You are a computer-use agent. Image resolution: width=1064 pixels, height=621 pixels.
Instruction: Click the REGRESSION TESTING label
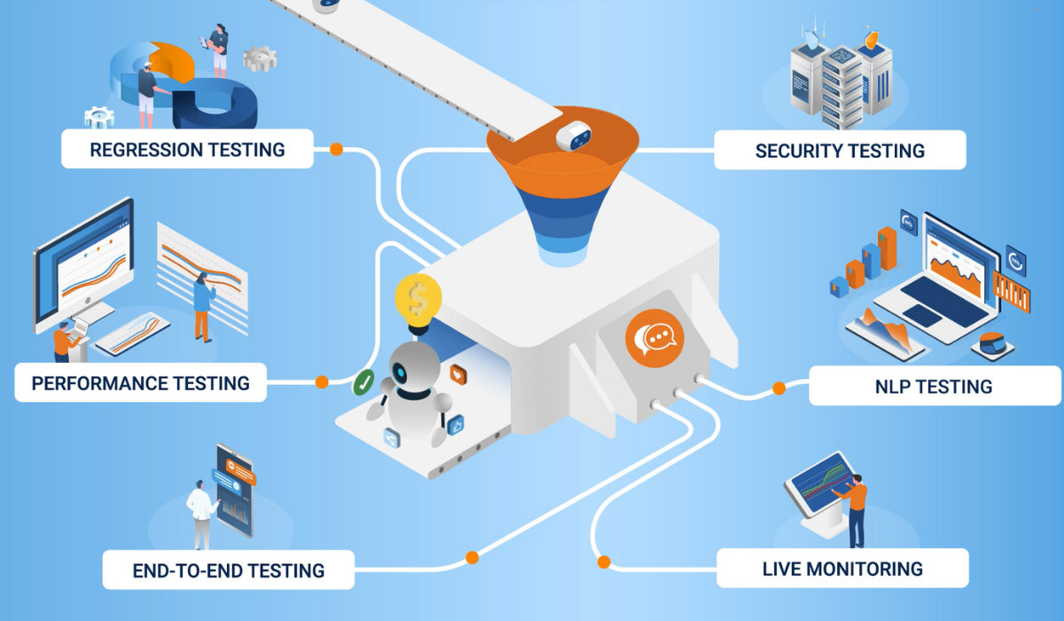[x=187, y=149]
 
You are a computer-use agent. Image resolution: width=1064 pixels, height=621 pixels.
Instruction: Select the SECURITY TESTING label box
[x=840, y=151]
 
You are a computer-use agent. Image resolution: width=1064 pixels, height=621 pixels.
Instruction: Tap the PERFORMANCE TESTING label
[x=140, y=383]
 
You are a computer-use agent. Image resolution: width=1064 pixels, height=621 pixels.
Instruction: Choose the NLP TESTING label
[x=928, y=387]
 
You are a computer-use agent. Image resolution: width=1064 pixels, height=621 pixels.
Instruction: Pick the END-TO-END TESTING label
[x=228, y=570]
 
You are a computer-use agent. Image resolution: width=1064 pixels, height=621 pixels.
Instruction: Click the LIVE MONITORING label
[x=841, y=569]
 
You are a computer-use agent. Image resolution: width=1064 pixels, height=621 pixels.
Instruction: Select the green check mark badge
[x=364, y=383]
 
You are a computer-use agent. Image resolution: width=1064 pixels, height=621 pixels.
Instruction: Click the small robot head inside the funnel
[x=574, y=137]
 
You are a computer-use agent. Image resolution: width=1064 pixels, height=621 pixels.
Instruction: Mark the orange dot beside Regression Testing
[x=336, y=149]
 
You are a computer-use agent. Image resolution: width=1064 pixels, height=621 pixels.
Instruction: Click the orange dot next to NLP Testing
[x=778, y=388]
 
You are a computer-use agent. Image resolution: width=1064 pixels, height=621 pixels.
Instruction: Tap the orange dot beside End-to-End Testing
[x=472, y=557]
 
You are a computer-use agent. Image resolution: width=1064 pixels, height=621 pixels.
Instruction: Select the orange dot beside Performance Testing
[x=322, y=382]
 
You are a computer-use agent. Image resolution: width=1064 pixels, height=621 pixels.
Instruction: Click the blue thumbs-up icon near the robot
[x=457, y=424]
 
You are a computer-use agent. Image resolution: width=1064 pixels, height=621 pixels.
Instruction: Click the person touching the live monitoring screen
[x=856, y=510]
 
